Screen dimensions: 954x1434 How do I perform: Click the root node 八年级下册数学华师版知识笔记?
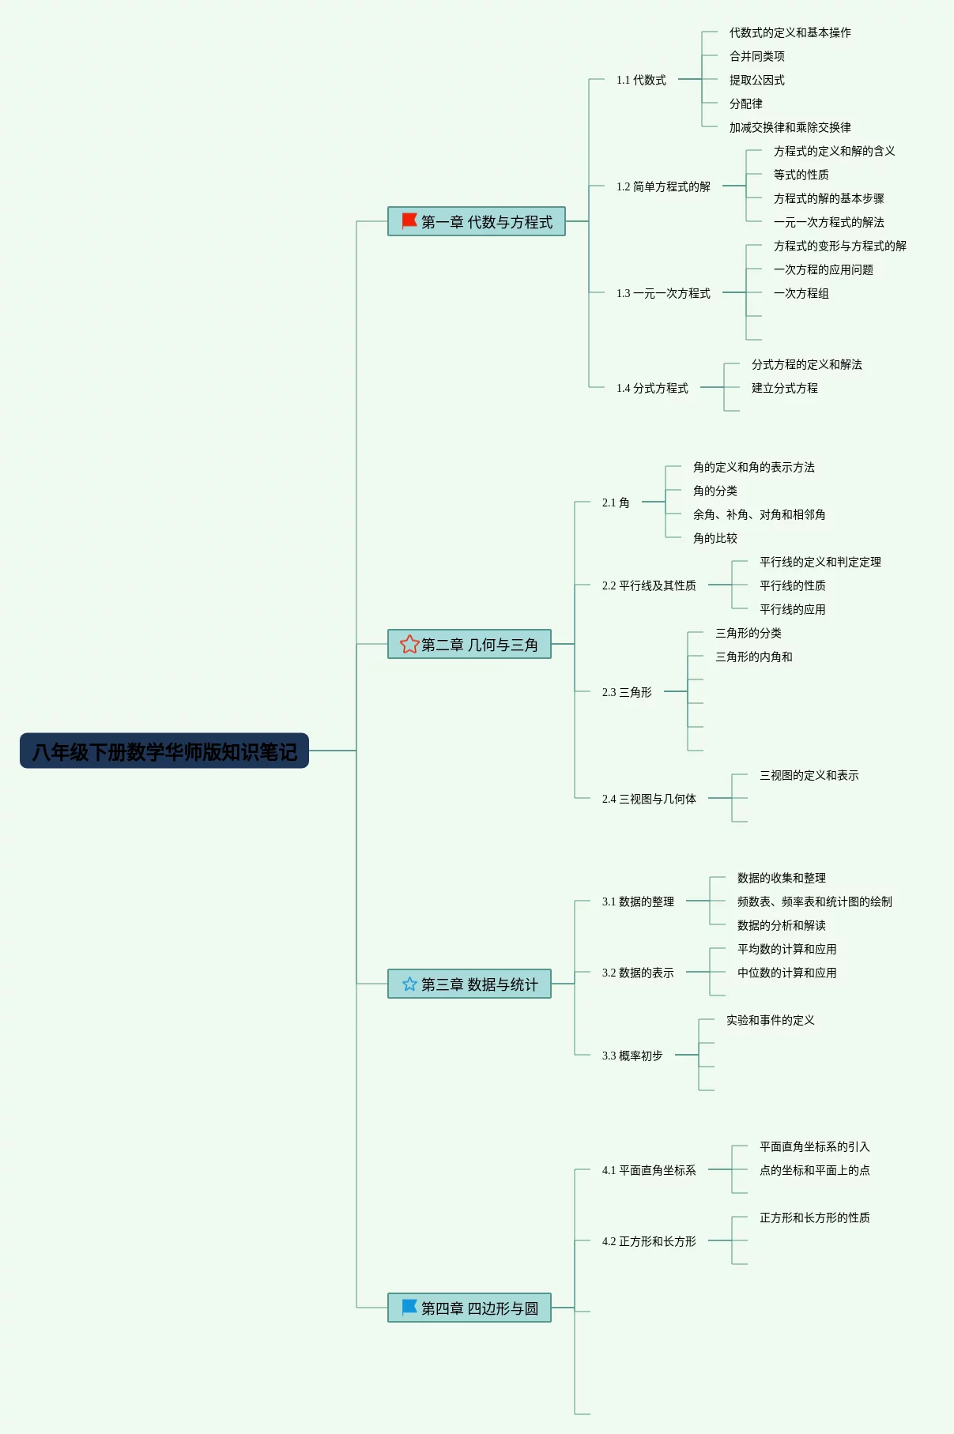164,751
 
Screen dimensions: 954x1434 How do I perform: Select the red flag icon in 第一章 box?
409,220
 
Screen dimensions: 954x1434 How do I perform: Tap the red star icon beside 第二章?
409,644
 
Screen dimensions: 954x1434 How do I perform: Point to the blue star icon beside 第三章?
409,984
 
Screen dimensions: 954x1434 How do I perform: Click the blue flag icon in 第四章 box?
409,1307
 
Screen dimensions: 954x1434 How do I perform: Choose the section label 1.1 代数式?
641,80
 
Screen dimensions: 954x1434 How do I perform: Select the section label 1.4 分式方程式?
652,388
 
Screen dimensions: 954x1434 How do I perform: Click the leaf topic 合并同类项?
757,56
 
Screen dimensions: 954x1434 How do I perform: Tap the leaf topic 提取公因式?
757,80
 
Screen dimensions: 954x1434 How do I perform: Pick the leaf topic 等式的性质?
801,175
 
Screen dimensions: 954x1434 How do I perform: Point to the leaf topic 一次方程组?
801,293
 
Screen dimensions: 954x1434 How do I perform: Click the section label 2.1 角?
616,502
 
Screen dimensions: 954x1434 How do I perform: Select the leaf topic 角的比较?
715,538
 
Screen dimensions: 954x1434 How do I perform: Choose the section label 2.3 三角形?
627,692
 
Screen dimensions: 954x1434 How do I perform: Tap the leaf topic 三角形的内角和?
754,657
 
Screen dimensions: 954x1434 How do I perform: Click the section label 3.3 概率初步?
632,1056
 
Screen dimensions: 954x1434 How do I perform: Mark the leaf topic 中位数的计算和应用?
787,973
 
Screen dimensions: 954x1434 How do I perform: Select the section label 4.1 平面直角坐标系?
649,1170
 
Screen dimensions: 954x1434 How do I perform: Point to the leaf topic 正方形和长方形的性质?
815,1218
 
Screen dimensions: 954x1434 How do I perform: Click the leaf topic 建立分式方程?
785,388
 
